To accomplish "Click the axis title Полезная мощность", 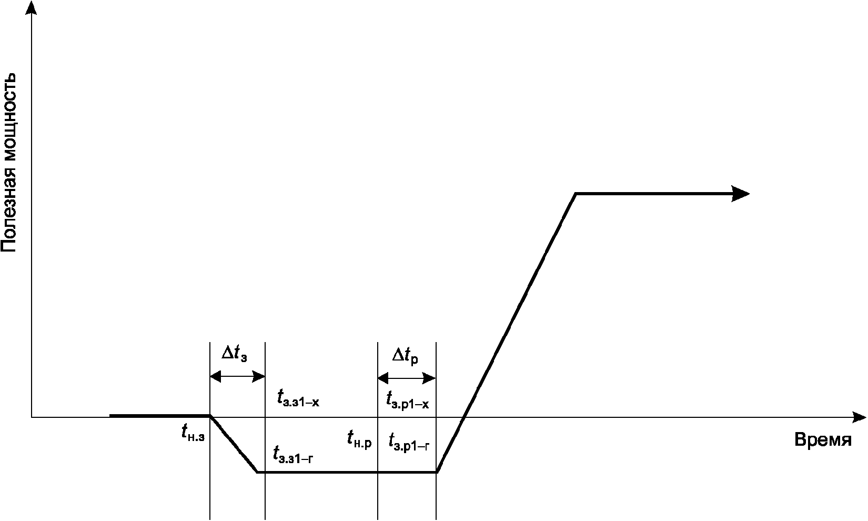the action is pyautogui.click(x=9, y=163).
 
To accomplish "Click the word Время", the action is pyautogui.click(x=823, y=440).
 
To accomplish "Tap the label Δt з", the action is pyautogui.click(x=235, y=354).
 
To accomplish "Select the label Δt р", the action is pyautogui.click(x=406, y=356).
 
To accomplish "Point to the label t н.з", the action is pyautogui.click(x=193, y=433).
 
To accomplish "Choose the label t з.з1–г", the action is pyautogui.click(x=294, y=454).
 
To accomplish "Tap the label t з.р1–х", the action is pyautogui.click(x=408, y=400).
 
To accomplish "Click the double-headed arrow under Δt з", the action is pyautogui.click(x=237, y=376).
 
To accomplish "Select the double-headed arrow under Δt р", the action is pyautogui.click(x=407, y=378).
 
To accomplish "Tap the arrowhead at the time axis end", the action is pyautogui.click(x=859, y=417).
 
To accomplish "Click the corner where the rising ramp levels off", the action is pyautogui.click(x=576, y=194).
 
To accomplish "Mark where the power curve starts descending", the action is pyautogui.click(x=210, y=416).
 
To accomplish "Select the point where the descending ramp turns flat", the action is pyautogui.click(x=257, y=472).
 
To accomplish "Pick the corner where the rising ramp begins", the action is pyautogui.click(x=437, y=472).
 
